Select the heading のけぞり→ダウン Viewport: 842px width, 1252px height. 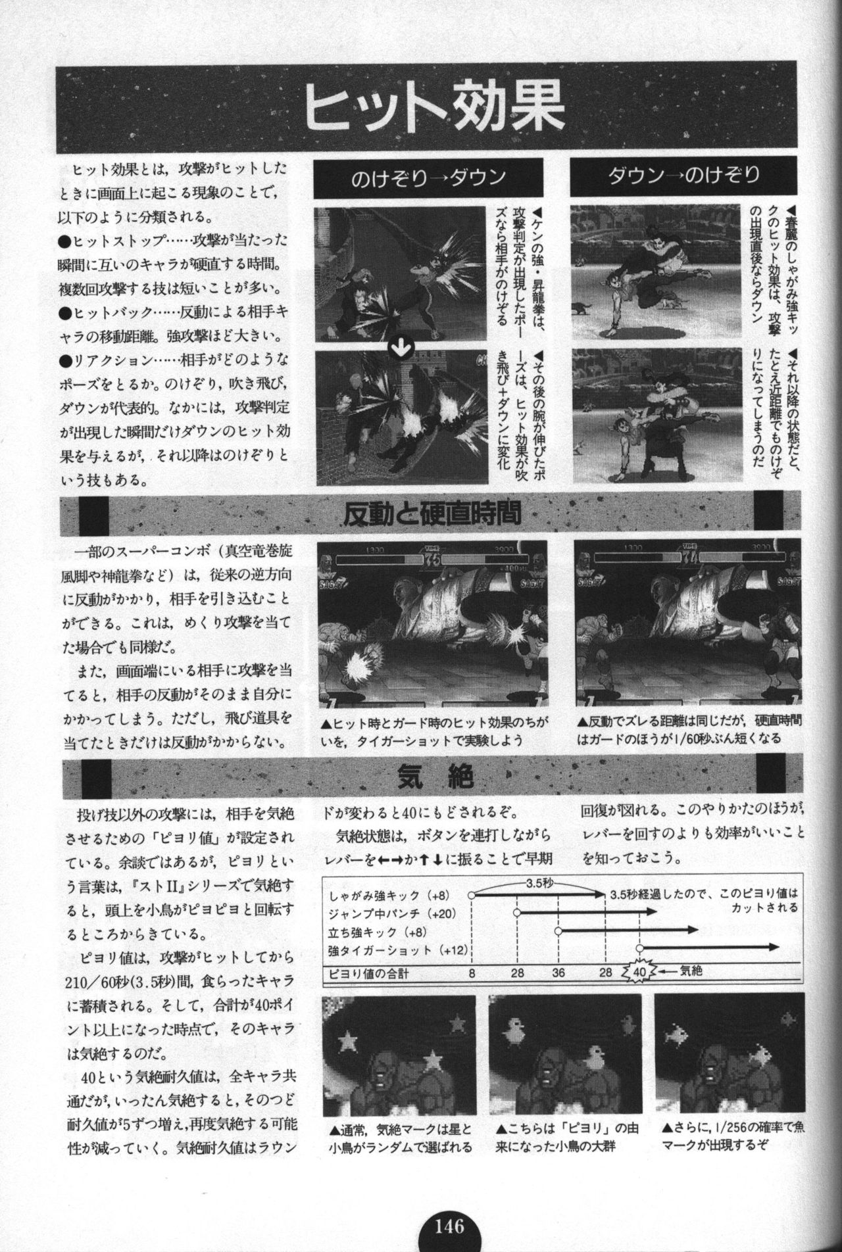click(428, 178)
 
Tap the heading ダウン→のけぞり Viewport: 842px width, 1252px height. click(684, 176)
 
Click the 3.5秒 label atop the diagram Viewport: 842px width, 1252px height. click(541, 884)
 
